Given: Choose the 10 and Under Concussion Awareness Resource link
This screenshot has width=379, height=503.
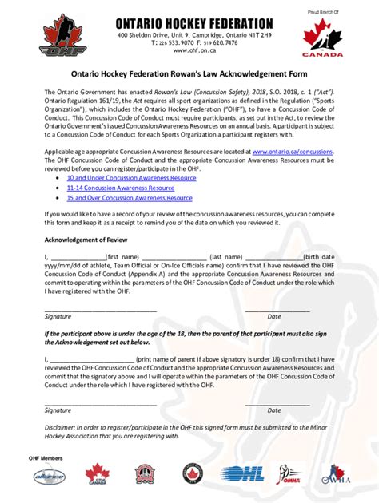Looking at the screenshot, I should point(131,178).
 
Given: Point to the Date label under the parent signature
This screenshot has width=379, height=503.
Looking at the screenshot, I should point(274,410).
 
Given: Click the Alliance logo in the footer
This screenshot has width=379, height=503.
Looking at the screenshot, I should point(48,477).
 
